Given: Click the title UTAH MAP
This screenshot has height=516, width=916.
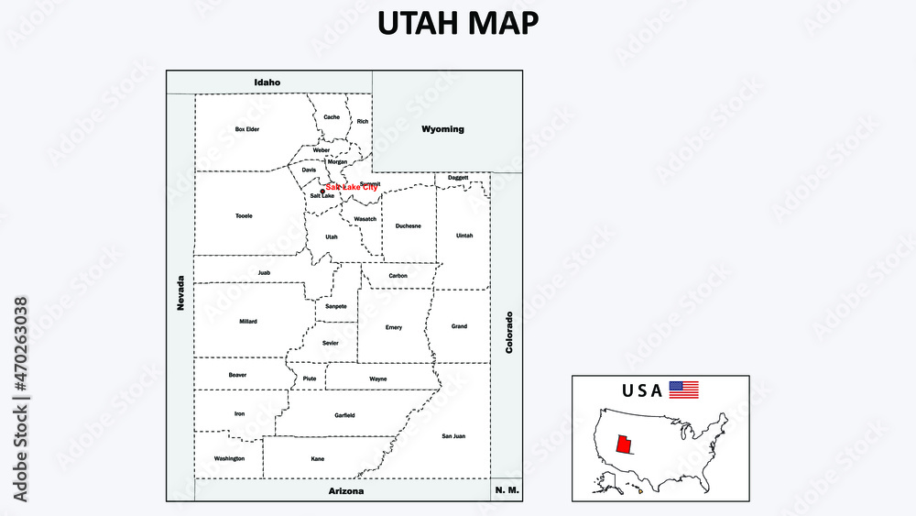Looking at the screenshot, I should tap(457, 24).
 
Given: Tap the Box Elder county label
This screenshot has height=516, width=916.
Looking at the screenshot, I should tap(247, 129).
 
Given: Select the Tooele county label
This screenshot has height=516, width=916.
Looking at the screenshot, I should tap(244, 216).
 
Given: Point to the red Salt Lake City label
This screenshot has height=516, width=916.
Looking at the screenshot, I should tap(352, 187).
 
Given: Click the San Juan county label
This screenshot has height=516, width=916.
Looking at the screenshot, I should tap(453, 436).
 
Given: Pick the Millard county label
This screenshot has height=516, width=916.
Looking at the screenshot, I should tap(248, 322).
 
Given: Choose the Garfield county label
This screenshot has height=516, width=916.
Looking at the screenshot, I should tap(344, 415).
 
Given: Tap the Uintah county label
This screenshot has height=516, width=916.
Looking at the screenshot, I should tap(465, 236).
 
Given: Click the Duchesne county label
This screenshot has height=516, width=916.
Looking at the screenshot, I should tap(409, 225).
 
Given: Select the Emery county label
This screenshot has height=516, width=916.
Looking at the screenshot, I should tap(394, 327).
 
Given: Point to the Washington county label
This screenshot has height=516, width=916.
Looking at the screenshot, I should tap(229, 458).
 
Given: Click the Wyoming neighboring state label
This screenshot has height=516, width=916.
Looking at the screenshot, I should tap(442, 129).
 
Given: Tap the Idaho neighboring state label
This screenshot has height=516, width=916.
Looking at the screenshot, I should tap(267, 82).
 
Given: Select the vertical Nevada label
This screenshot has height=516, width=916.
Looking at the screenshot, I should tap(181, 293).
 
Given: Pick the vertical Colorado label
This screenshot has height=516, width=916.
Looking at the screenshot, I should tap(509, 333).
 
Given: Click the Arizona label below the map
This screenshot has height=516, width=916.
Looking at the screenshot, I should tap(346, 491).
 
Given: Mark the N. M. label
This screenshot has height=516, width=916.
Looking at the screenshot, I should tap(507, 491).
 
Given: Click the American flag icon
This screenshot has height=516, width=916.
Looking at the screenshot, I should tap(683, 390).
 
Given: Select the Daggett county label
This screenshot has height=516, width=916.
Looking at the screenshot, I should tap(458, 178).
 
